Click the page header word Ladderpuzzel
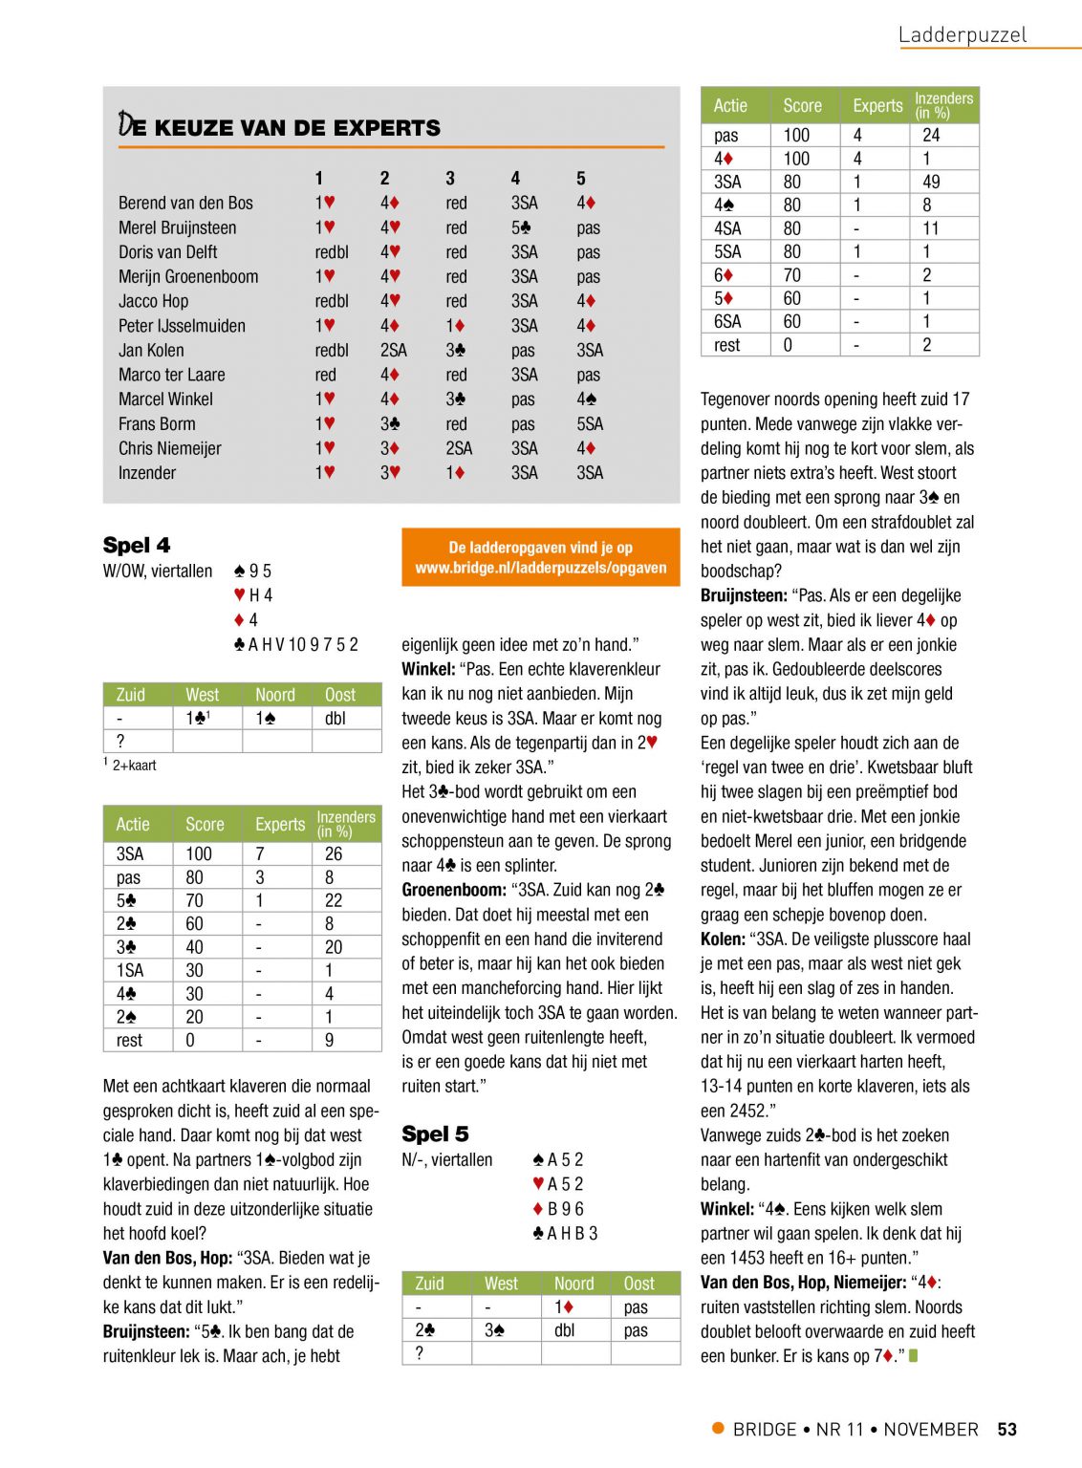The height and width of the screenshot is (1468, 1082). (x=962, y=35)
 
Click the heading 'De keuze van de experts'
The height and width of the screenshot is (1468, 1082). (x=279, y=126)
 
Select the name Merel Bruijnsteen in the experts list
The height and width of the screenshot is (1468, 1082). (x=177, y=227)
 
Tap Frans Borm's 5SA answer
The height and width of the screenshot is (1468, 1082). (x=589, y=423)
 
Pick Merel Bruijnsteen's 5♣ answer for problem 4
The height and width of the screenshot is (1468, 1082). (x=521, y=227)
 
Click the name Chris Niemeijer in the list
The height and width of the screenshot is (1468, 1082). (x=169, y=448)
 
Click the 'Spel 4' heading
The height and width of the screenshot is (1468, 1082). (x=137, y=545)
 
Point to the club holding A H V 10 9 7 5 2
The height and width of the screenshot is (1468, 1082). (x=295, y=644)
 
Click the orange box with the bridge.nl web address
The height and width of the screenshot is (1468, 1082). (x=540, y=557)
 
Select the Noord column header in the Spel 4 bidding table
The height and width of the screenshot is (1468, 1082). (x=275, y=695)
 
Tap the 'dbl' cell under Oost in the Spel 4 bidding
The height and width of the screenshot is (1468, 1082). (x=335, y=718)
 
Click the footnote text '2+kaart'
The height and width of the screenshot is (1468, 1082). (x=134, y=766)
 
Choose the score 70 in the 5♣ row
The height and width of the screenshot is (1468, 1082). (x=194, y=900)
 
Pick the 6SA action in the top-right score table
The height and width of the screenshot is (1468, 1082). (x=727, y=322)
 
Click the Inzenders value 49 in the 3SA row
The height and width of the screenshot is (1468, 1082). (x=931, y=182)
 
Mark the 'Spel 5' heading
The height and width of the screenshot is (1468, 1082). (x=435, y=1133)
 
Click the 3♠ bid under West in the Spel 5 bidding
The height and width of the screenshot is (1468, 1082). (x=494, y=1329)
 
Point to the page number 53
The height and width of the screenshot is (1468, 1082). (x=1006, y=1430)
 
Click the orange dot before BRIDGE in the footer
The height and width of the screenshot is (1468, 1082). (x=718, y=1428)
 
